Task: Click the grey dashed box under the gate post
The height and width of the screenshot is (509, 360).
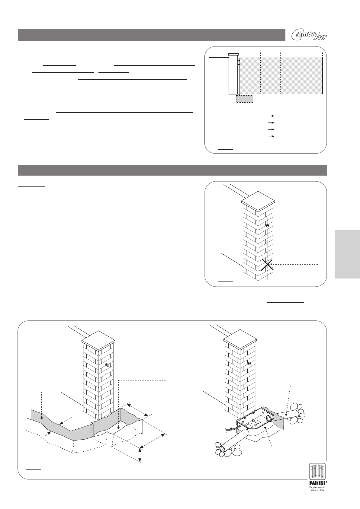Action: [244, 99]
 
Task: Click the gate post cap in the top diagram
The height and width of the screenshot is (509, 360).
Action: [233, 54]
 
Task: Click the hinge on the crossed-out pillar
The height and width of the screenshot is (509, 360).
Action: [267, 225]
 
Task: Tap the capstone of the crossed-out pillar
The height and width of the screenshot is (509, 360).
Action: [258, 200]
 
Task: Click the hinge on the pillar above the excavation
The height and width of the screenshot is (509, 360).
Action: [107, 364]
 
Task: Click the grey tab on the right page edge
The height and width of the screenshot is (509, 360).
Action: [347, 254]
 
